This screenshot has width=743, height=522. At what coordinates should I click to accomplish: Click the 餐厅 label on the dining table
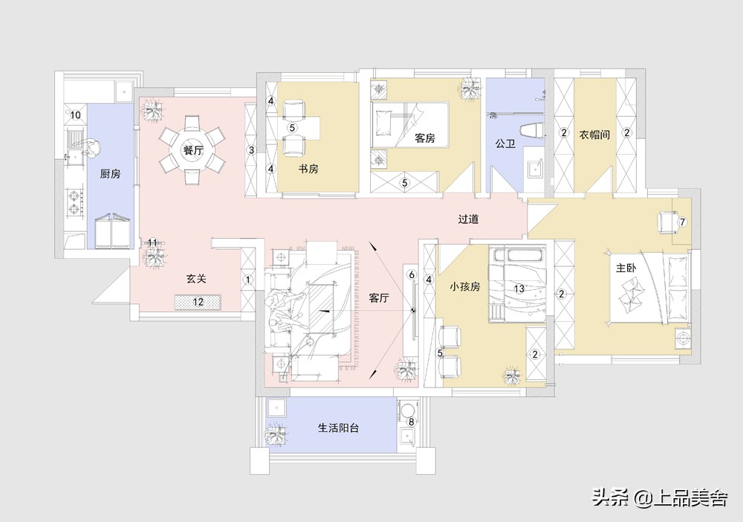pyautogui.click(x=192, y=150)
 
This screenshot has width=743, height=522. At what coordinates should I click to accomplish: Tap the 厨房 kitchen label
pyautogui.click(x=110, y=173)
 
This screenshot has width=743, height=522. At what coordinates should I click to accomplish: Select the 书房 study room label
pyautogui.click(x=308, y=170)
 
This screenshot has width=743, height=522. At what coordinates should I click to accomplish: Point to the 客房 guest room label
pyautogui.click(x=424, y=138)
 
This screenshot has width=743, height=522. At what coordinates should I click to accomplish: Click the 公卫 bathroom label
pyautogui.click(x=505, y=143)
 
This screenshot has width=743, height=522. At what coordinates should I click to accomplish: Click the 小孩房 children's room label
pyautogui.click(x=467, y=285)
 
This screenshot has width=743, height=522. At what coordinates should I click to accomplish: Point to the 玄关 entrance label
pyautogui.click(x=195, y=279)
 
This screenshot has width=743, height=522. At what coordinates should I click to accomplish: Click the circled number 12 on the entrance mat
pyautogui.click(x=198, y=302)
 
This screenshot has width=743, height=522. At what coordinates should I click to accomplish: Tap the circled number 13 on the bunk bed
pyautogui.click(x=519, y=288)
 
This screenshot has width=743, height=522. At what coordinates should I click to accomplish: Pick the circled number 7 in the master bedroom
pyautogui.click(x=682, y=222)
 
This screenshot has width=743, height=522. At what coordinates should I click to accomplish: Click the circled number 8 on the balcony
pyautogui.click(x=411, y=422)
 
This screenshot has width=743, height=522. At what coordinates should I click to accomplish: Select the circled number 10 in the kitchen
pyautogui.click(x=75, y=115)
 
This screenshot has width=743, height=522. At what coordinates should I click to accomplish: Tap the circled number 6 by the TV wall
pyautogui.click(x=411, y=274)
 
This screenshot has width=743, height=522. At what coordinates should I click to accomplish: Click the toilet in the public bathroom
pyautogui.click(x=532, y=132)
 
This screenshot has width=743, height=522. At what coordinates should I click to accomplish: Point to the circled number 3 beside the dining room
pyautogui.click(x=251, y=150)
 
